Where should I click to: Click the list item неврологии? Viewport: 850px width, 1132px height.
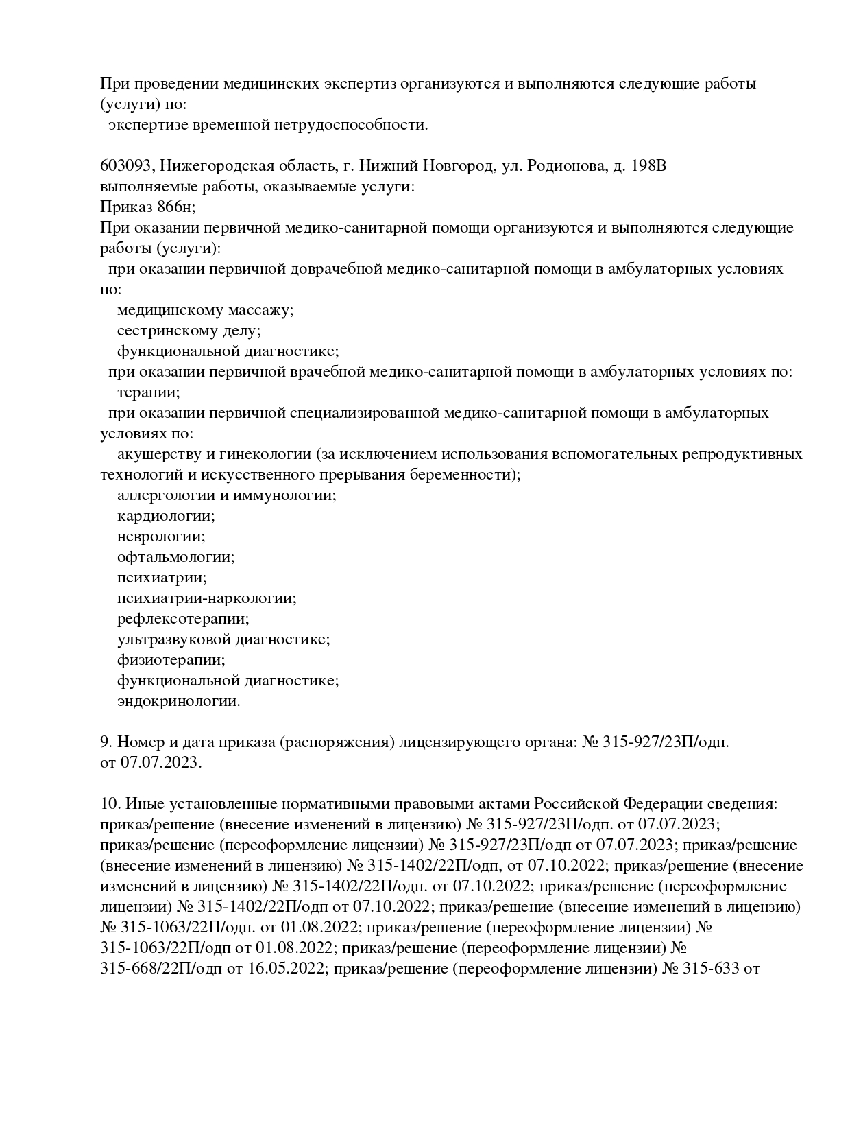161,536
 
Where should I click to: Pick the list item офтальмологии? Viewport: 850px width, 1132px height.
175,557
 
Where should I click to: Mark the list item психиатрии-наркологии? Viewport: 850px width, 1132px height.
206,598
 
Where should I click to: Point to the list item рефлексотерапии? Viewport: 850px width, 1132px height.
183,619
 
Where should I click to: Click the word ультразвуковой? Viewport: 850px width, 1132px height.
174,639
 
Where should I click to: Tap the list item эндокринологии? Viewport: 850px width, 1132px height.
178,701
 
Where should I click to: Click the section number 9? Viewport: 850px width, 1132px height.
106,742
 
